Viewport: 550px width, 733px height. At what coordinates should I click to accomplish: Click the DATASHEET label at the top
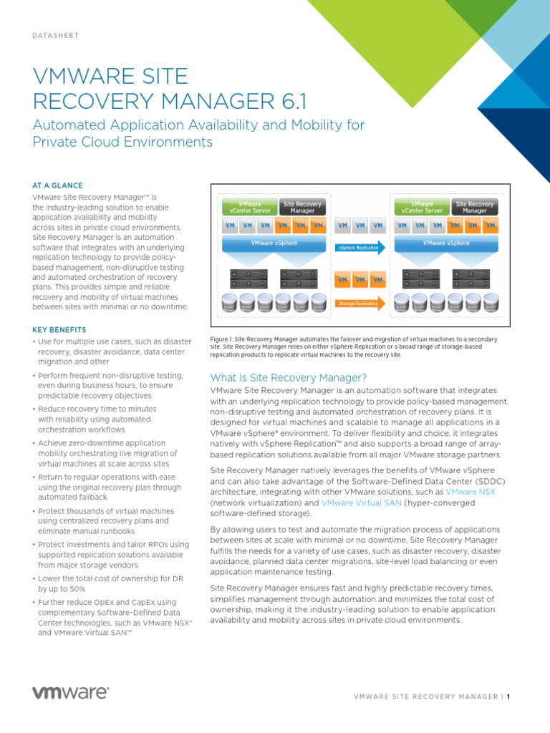point(55,35)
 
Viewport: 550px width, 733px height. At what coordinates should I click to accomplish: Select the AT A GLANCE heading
point(57,185)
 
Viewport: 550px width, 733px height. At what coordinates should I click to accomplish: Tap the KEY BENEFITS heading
point(59,330)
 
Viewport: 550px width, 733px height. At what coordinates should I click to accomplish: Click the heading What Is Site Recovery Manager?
point(288,377)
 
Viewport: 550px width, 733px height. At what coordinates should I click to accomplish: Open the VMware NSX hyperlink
point(470,492)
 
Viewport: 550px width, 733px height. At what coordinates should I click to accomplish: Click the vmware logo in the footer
point(70,692)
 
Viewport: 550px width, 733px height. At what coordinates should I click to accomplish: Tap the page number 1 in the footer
point(508,696)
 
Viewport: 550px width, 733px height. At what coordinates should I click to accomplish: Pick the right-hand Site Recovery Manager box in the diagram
point(475,208)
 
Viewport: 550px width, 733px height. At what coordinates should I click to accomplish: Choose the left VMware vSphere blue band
point(274,243)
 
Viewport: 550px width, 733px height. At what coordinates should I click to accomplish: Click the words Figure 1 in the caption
point(220,339)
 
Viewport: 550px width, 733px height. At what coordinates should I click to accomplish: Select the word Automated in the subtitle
point(65,125)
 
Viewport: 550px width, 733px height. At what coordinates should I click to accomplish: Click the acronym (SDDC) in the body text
point(484,482)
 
